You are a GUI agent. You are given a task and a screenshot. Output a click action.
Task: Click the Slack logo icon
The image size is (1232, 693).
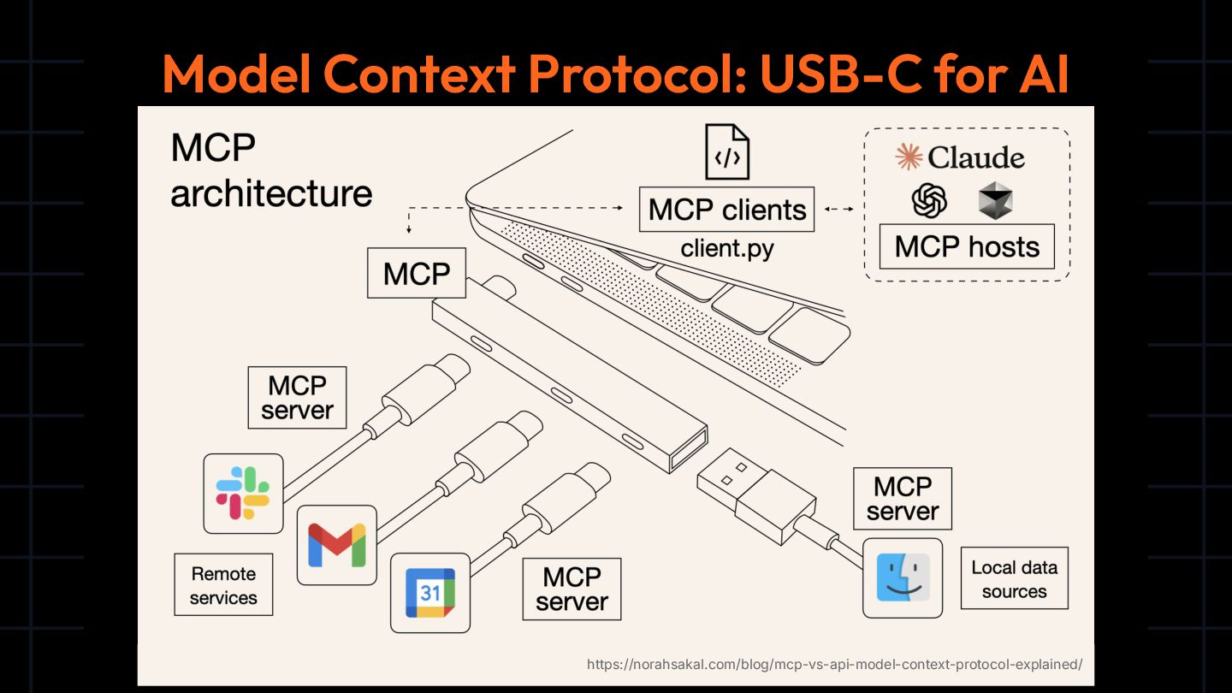(x=243, y=494)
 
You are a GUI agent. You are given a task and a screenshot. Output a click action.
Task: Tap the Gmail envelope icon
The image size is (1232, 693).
(x=337, y=545)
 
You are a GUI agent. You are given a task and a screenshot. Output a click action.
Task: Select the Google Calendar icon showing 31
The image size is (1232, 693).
(x=430, y=593)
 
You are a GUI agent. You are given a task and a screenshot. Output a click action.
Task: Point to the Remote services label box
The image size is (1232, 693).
(x=223, y=585)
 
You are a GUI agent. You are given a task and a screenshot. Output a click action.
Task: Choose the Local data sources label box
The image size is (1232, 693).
(x=1014, y=578)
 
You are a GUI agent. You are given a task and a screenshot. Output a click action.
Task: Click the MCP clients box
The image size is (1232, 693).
(x=726, y=210)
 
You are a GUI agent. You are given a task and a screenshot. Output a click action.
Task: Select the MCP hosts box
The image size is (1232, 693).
(x=967, y=246)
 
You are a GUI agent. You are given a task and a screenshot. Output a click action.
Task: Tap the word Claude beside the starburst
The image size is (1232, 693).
(x=976, y=157)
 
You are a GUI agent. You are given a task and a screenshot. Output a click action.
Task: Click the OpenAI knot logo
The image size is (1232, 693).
(x=930, y=201)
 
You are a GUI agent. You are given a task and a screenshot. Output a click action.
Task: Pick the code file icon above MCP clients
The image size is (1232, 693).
(x=726, y=151)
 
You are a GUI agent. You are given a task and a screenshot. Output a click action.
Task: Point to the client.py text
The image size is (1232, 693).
(x=726, y=249)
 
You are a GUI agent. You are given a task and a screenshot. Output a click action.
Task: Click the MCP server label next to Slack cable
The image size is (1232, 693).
(x=297, y=398)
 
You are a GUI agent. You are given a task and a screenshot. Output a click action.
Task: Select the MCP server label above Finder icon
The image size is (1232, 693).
(x=903, y=498)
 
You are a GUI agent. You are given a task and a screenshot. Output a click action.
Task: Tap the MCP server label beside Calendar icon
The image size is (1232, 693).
(x=572, y=589)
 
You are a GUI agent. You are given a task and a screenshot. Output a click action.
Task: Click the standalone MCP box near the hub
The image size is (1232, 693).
(x=417, y=274)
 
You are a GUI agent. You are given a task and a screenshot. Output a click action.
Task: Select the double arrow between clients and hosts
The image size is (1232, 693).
(x=838, y=210)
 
